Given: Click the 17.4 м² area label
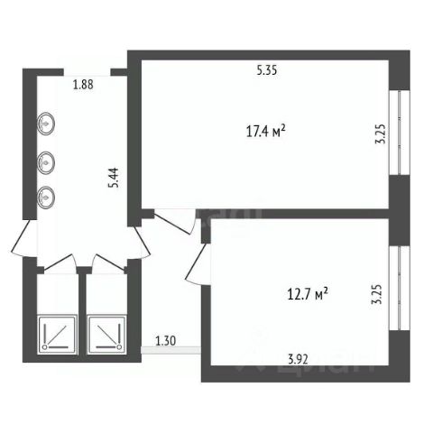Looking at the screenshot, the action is (x=266, y=132).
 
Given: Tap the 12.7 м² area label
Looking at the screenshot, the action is (x=308, y=294).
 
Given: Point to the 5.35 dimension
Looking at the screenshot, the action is (x=267, y=70).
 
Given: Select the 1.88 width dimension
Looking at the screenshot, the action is (x=83, y=85).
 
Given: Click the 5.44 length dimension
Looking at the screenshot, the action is (x=114, y=178).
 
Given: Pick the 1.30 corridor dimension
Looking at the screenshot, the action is (x=166, y=341).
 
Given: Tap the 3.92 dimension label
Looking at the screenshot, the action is (x=298, y=359).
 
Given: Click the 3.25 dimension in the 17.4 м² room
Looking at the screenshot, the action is (x=380, y=134).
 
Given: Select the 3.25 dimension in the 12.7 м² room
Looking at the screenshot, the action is (x=376, y=294).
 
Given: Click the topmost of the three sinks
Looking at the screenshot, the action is (x=46, y=124).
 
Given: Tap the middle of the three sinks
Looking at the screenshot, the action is (x=46, y=163).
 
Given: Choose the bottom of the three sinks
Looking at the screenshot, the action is (x=46, y=198).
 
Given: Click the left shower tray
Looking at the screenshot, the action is (x=57, y=335).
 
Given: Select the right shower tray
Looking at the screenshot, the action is (x=106, y=335).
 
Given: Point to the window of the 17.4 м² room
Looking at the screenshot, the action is (x=400, y=133).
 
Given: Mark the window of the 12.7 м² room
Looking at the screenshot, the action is (x=400, y=288).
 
